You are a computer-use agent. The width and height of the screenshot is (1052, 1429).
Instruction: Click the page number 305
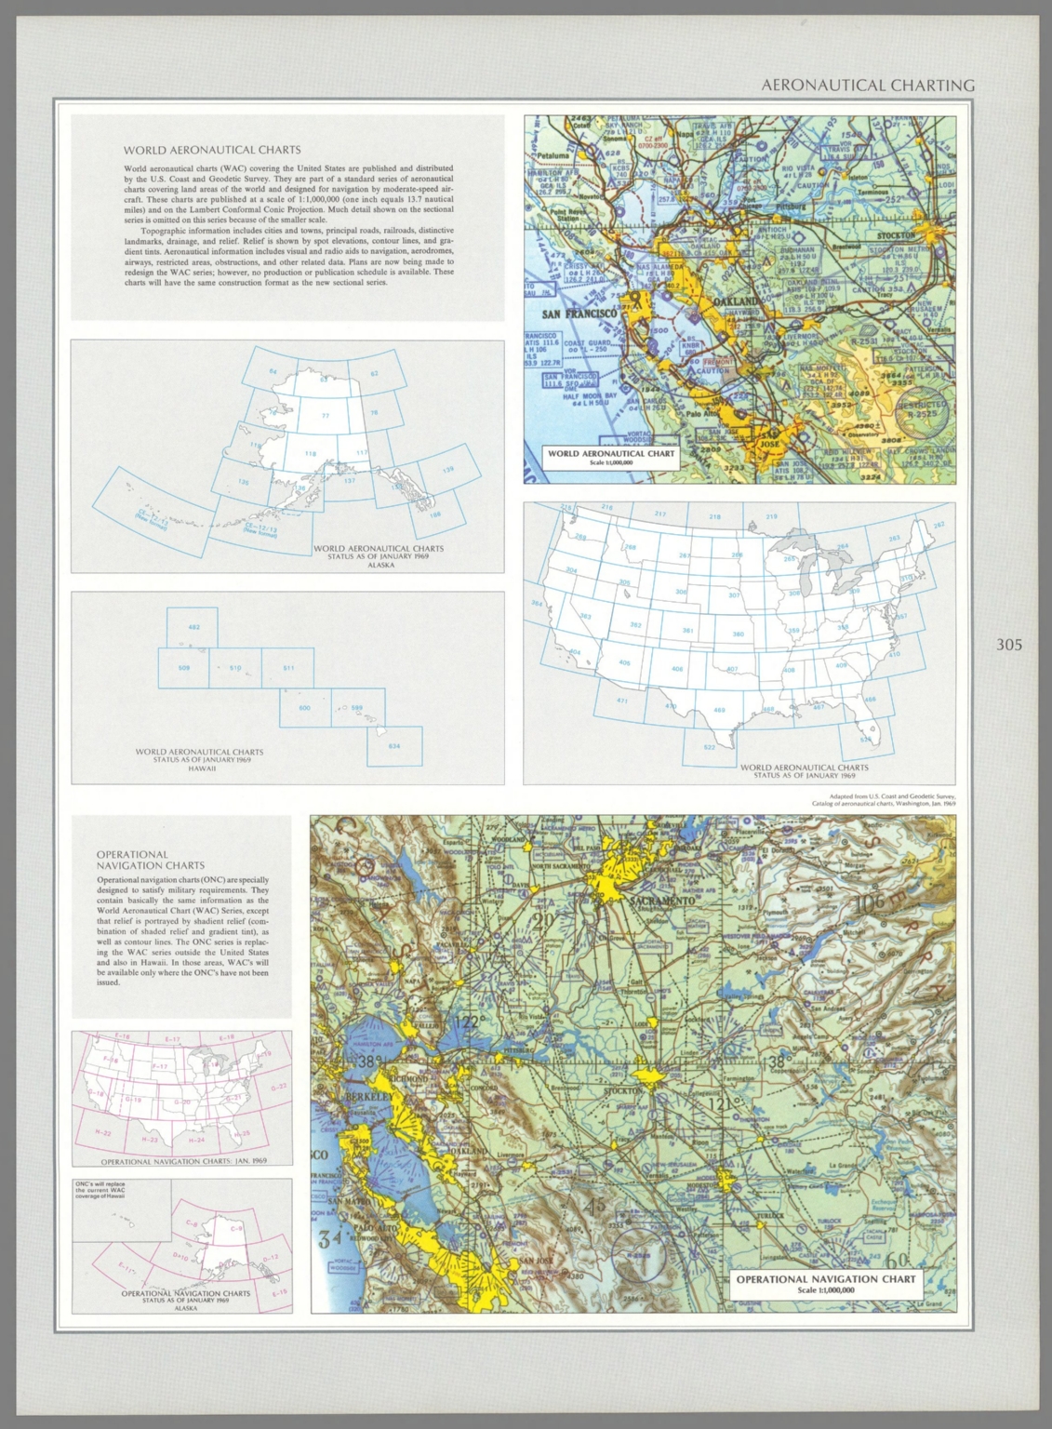click(1008, 645)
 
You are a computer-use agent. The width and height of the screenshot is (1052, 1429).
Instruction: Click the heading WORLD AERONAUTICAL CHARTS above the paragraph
click(212, 150)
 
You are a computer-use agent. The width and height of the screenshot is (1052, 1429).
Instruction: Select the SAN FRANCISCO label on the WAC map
click(579, 314)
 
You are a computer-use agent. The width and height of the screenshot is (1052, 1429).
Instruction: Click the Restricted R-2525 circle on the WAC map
click(925, 409)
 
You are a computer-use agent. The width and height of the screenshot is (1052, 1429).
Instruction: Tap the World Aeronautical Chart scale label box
click(610, 457)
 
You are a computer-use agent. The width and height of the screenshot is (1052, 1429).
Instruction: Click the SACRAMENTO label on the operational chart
click(661, 901)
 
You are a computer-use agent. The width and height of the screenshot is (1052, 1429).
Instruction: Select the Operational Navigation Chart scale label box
click(825, 1283)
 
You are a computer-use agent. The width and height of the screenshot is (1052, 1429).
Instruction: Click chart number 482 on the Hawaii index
click(193, 627)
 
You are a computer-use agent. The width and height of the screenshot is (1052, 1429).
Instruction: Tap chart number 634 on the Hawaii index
click(393, 746)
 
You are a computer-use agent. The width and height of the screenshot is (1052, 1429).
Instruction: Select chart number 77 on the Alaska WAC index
click(326, 416)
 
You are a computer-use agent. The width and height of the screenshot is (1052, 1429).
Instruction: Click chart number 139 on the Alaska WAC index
click(448, 470)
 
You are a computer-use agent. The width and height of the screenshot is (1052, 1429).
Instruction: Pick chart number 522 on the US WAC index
click(709, 747)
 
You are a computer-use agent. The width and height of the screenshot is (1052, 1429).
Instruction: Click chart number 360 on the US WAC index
click(738, 634)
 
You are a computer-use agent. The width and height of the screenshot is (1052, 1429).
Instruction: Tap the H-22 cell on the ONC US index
click(103, 1133)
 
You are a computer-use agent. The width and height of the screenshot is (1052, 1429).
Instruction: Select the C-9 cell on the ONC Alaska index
click(236, 1229)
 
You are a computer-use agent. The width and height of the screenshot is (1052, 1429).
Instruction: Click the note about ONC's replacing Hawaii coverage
click(101, 1190)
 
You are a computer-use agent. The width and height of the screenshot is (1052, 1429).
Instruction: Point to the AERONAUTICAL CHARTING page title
click(867, 86)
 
